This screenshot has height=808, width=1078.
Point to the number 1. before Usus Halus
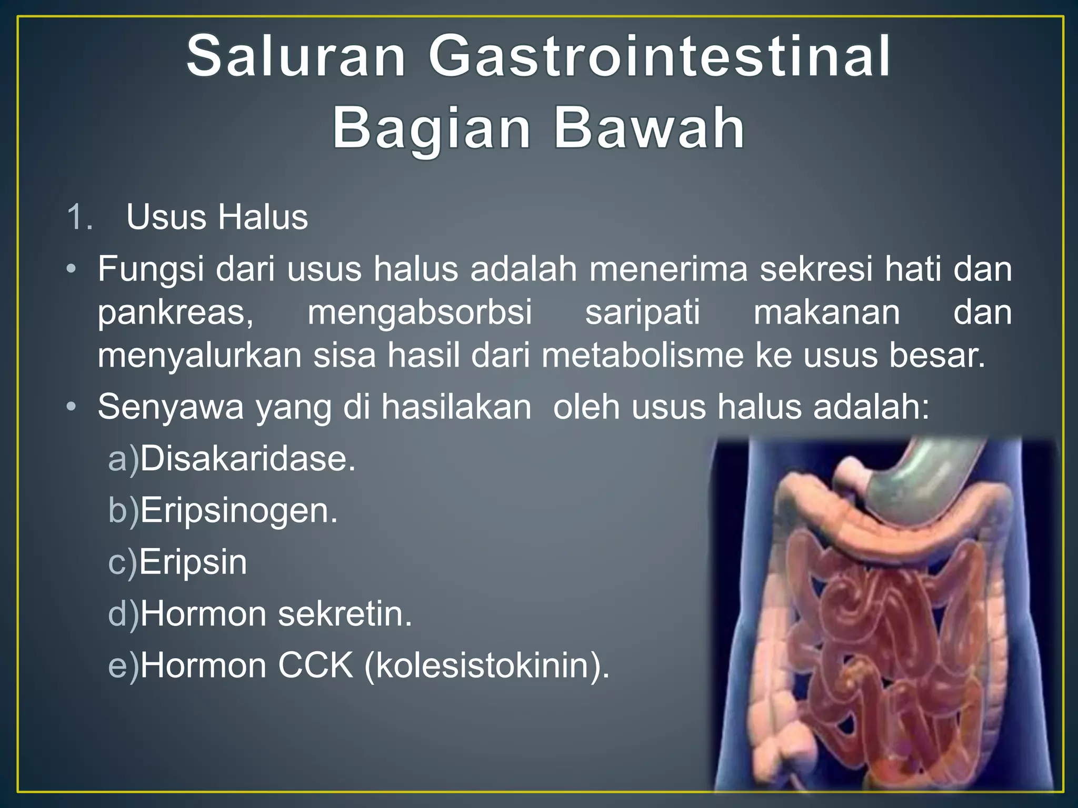[80, 217]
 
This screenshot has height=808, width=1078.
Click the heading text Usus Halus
[217, 217]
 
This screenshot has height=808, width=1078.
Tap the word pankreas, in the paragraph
[175, 313]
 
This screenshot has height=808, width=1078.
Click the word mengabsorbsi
[420, 312]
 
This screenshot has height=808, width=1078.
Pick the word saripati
[642, 313]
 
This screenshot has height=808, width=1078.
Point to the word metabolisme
[642, 355]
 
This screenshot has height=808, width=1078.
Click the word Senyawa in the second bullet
[171, 407]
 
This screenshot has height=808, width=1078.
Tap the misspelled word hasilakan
[456, 407]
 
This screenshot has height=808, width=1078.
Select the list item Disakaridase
[247, 459]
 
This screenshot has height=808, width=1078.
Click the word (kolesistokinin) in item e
[486, 666]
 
